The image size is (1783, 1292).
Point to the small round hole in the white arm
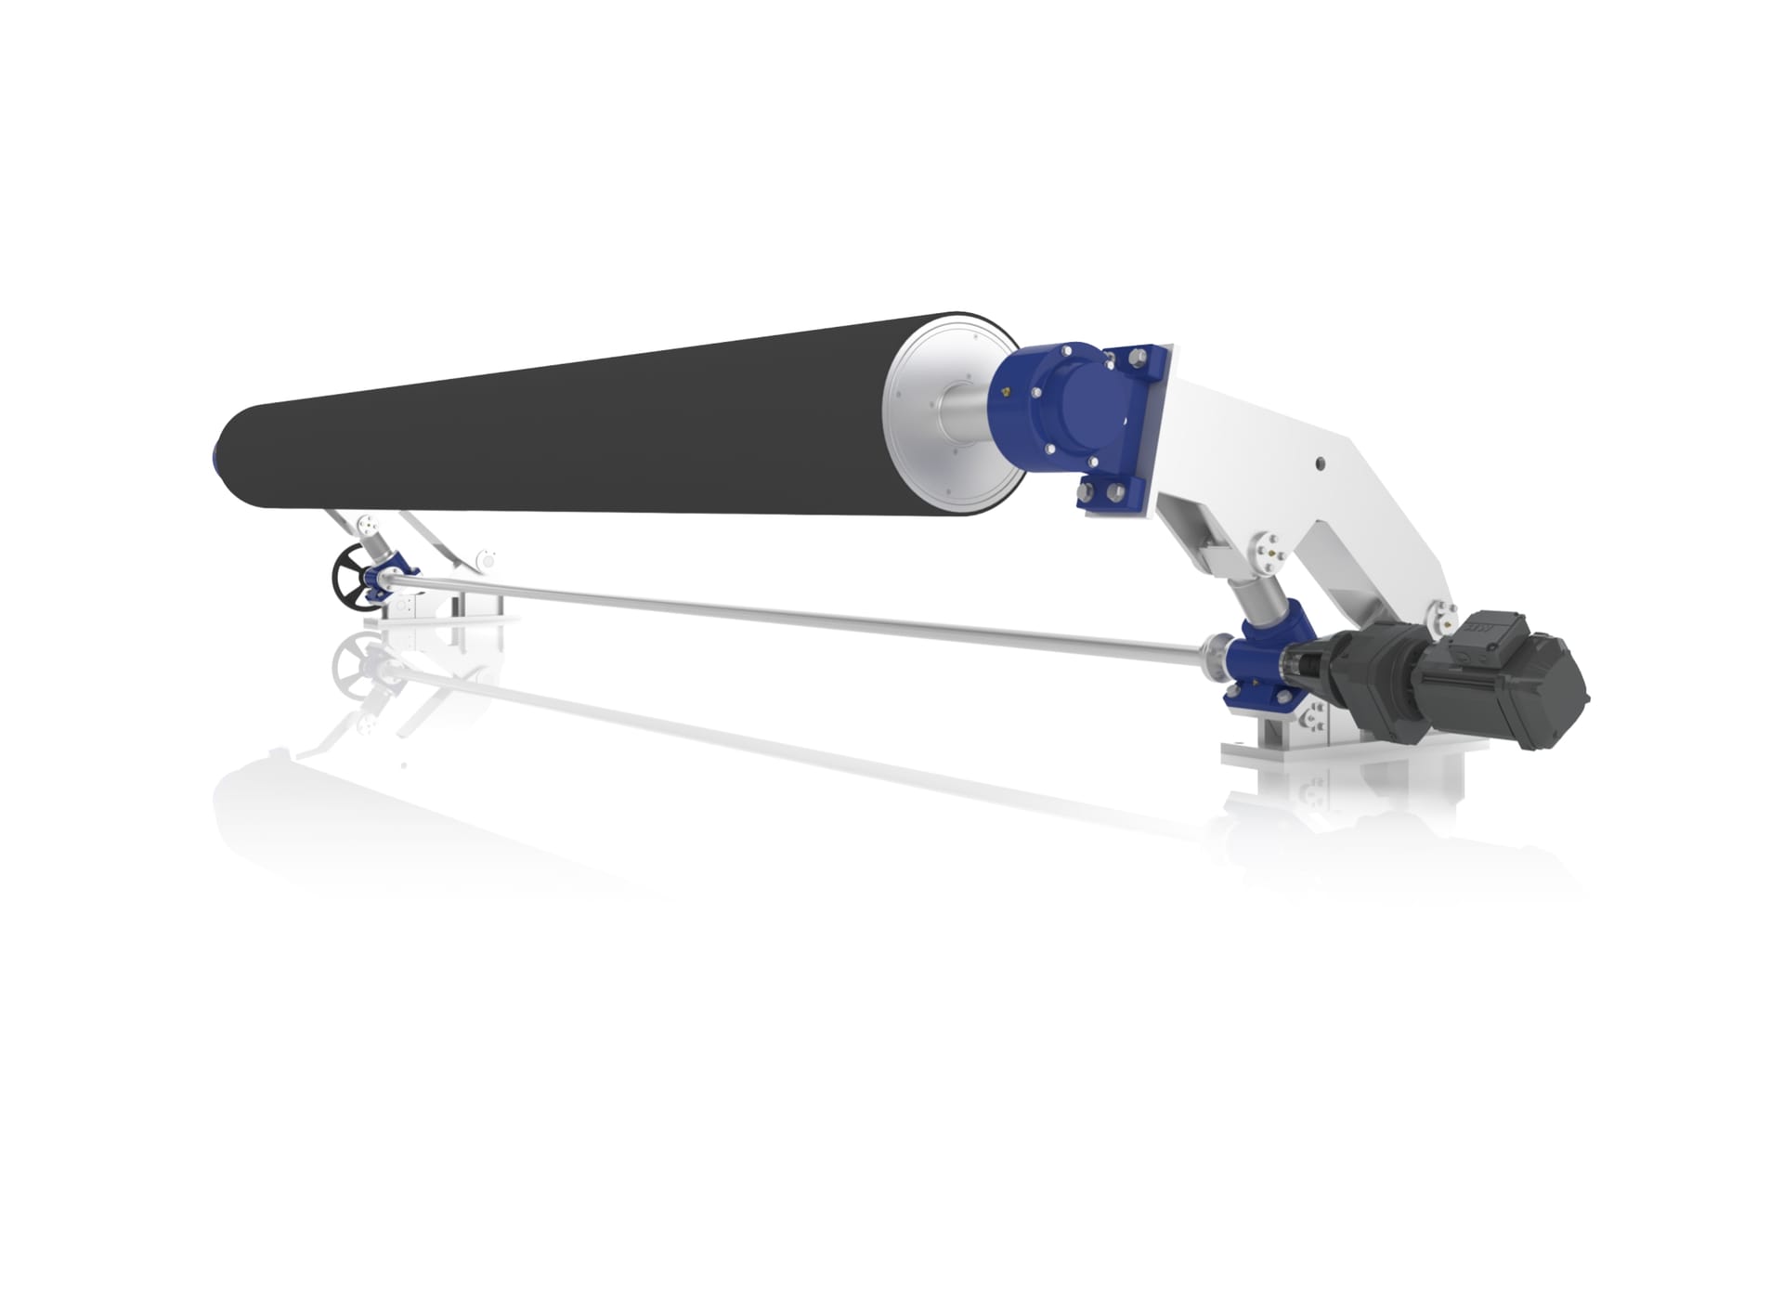[x=1320, y=461]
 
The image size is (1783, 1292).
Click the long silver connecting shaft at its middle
[x=799, y=615]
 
